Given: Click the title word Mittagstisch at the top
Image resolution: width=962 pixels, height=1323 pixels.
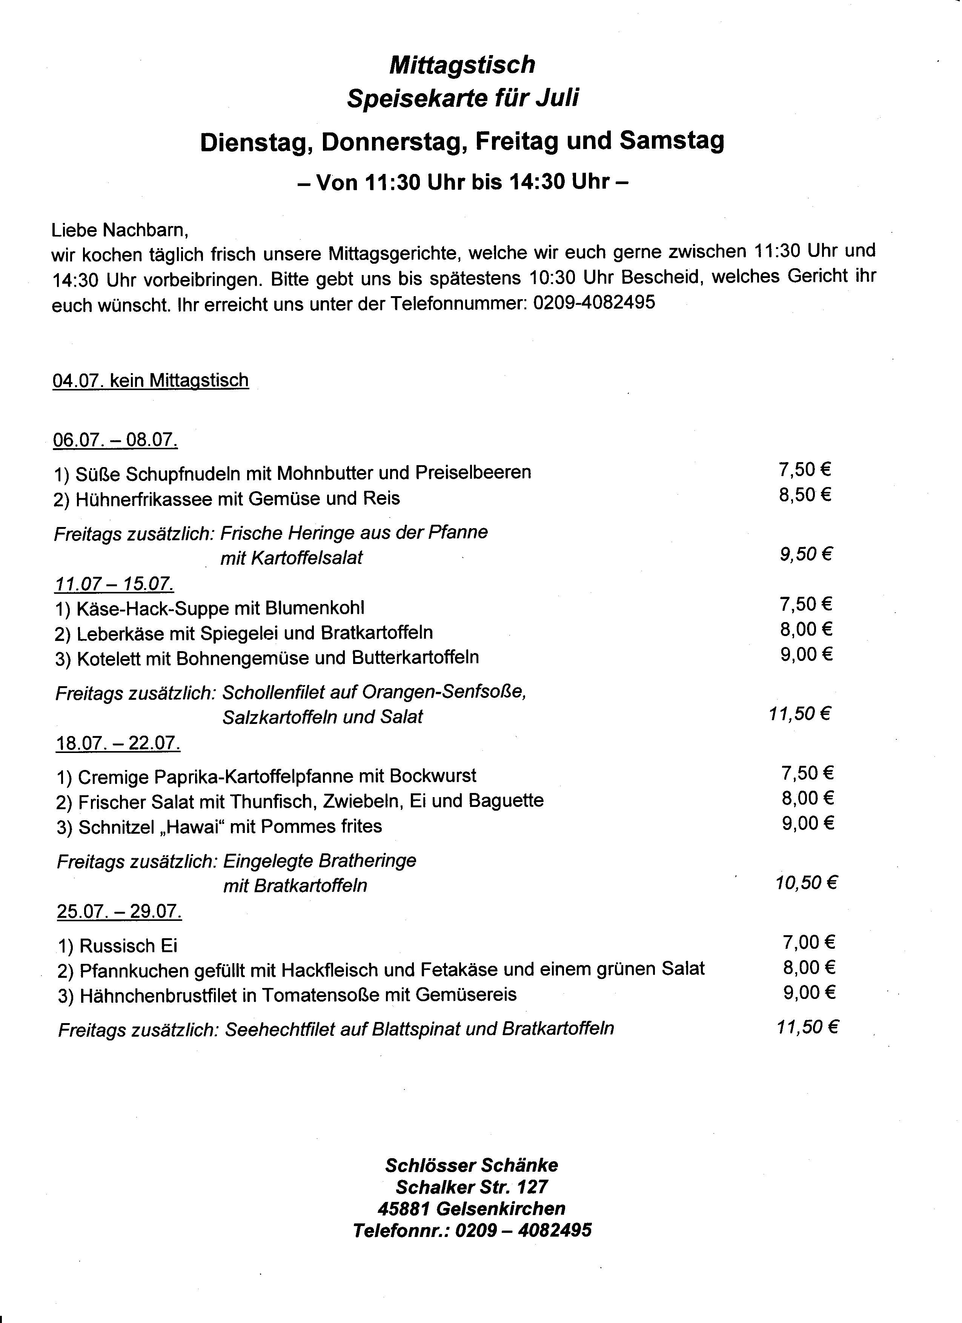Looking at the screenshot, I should pyautogui.click(x=461, y=65).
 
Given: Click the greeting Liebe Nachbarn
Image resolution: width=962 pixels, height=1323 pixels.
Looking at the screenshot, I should pyautogui.click(x=120, y=230).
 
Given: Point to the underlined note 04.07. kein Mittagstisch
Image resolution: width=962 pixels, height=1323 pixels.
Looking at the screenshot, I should pyautogui.click(x=151, y=380).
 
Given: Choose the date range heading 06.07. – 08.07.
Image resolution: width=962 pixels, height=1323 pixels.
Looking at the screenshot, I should pyautogui.click(x=115, y=439).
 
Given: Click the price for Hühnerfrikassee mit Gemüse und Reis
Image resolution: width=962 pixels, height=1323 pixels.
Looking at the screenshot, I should pyautogui.click(x=804, y=495).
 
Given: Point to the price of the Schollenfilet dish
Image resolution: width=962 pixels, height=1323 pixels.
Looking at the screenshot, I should pyautogui.click(x=799, y=713).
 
